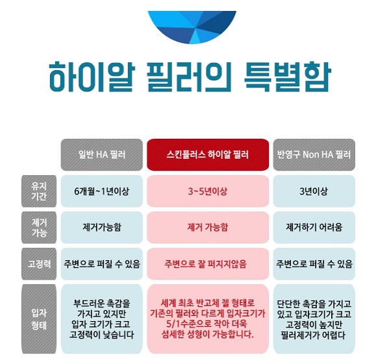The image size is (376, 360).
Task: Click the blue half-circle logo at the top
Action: click(x=192, y=26)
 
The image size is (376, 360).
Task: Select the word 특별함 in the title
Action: click(x=288, y=77)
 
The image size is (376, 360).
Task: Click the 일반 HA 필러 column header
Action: click(x=102, y=155)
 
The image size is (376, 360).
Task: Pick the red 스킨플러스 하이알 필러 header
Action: click(x=208, y=155)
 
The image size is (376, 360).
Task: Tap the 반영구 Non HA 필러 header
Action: click(x=314, y=155)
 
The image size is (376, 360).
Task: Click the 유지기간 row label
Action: click(x=39, y=191)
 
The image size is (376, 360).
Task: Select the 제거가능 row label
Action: click(x=39, y=228)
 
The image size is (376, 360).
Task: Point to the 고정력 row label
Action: click(x=39, y=264)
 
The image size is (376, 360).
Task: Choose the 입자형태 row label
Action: click(x=39, y=318)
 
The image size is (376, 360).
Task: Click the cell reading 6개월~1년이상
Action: click(x=102, y=191)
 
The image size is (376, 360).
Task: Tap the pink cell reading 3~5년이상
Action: click(x=208, y=191)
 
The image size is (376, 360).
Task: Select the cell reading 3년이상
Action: click(x=314, y=191)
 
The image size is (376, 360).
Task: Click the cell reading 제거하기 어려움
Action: click(x=314, y=228)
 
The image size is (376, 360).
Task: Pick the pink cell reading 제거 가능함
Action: click(x=208, y=228)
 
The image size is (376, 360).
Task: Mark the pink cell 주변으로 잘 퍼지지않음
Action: click(x=208, y=264)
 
